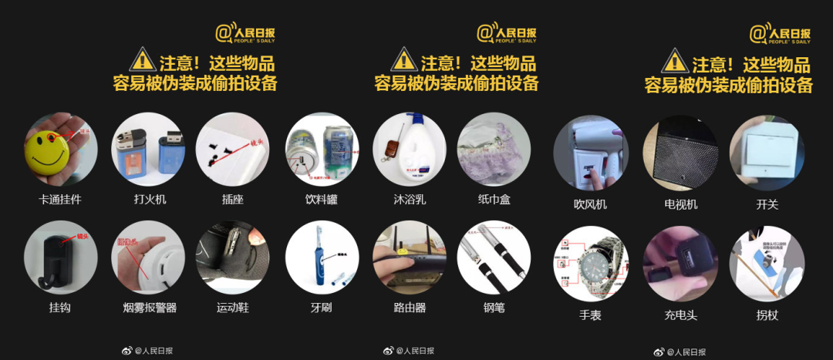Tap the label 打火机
point(150,200)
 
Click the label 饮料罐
point(321,200)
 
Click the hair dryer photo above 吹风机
point(590,152)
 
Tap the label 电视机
point(680,204)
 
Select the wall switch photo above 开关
point(767,152)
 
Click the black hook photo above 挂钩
point(60,257)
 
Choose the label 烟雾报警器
point(150,308)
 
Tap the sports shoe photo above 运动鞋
point(232,257)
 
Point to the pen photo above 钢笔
point(494,257)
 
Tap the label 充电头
point(680,315)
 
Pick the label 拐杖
point(767,315)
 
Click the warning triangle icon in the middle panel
point(403,59)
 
